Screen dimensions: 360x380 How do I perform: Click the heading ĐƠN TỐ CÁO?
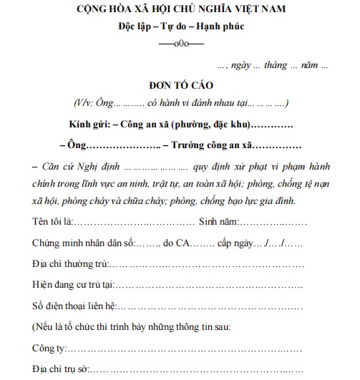point(180,84)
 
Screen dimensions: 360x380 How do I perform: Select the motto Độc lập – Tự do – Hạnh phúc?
point(180,27)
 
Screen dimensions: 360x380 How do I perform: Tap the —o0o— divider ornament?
point(180,45)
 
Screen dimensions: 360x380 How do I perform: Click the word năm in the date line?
point(310,65)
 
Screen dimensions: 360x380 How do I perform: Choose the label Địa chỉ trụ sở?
point(59,372)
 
